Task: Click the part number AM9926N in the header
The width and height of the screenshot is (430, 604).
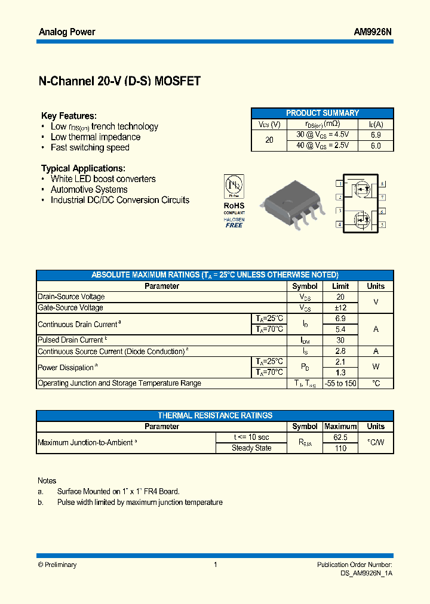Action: click(373, 32)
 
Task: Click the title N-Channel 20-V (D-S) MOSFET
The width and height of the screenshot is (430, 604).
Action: click(119, 82)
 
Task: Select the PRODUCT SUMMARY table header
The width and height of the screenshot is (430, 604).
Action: click(322, 113)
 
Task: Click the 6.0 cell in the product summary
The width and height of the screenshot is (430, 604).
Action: click(376, 146)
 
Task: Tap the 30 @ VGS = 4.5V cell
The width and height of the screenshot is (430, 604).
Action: click(322, 135)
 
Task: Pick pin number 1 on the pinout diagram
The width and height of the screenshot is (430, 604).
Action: click(339, 184)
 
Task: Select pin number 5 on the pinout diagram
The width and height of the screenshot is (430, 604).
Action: click(382, 224)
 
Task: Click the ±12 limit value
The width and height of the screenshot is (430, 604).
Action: click(340, 308)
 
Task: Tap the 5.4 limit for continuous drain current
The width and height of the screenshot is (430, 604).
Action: click(340, 329)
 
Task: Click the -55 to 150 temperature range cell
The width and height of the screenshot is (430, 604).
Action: click(340, 383)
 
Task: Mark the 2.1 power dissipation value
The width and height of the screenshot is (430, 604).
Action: click(340, 362)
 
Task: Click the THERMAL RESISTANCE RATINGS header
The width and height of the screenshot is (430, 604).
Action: click(215, 415)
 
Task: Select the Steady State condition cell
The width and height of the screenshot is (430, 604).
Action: click(251, 448)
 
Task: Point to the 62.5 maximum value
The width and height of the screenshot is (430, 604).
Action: click(340, 437)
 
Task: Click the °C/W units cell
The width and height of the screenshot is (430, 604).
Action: click(376, 443)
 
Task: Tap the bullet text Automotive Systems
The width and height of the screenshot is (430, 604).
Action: click(89, 190)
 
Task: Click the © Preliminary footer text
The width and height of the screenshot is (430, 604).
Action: click(57, 565)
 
